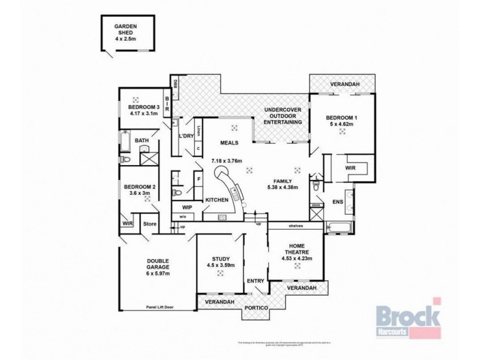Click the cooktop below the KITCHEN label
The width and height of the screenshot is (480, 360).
pyautogui.click(x=223, y=217)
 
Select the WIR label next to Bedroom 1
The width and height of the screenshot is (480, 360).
pyautogui.click(x=350, y=169)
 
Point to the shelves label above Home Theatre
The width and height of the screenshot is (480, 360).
pyautogui.click(x=295, y=226)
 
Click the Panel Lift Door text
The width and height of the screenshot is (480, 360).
pyautogui.click(x=159, y=307)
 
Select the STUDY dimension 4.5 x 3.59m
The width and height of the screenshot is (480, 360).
pyautogui.click(x=220, y=265)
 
